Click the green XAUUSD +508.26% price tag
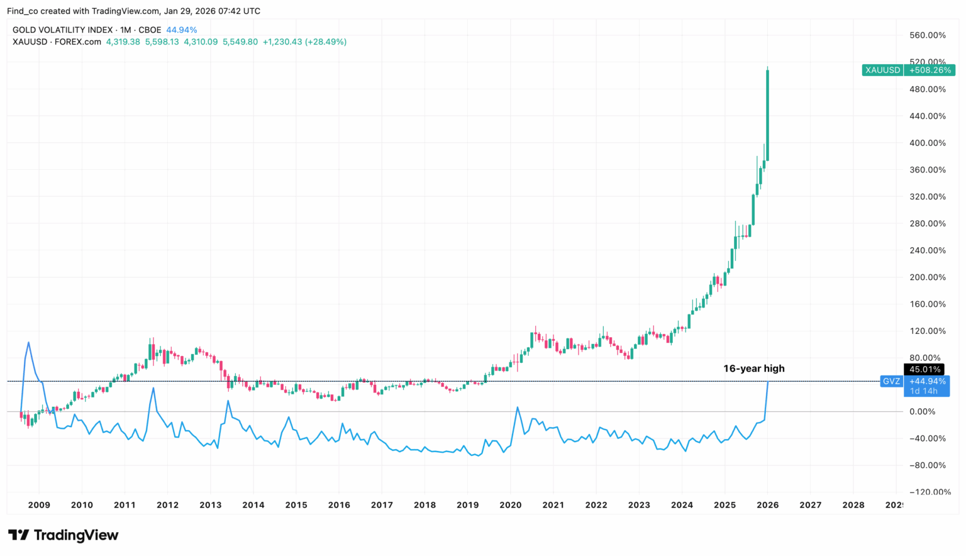pyautogui.click(x=908, y=70)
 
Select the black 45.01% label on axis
pyautogui.click(x=923, y=369)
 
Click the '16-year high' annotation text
pyautogui.click(x=753, y=369)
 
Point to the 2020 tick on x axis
pyautogui.click(x=510, y=504)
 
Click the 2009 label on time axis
pyautogui.click(x=39, y=504)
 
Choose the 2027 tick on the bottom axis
pyautogui.click(x=810, y=504)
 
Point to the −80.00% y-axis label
pyautogui.click(x=927, y=465)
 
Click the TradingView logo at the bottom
pyautogui.click(x=63, y=535)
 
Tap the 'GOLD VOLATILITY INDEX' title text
pyautogui.click(x=62, y=30)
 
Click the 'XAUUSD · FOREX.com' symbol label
pyautogui.click(x=57, y=42)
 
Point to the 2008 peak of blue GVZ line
pyautogui.click(x=28, y=343)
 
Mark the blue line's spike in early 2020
pyautogui.click(x=517, y=408)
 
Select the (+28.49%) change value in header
pyautogui.click(x=326, y=42)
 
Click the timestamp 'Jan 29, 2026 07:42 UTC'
pyautogui.click(x=212, y=11)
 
